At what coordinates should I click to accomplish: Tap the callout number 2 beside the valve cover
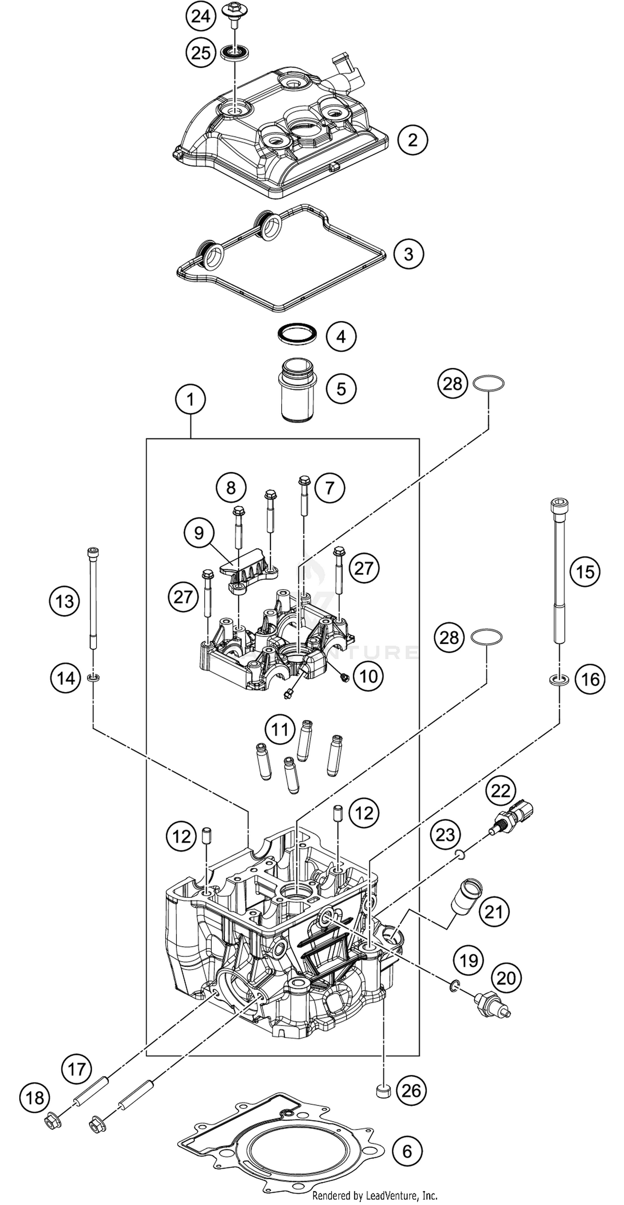coord(412,139)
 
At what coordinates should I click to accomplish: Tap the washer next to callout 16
coord(559,679)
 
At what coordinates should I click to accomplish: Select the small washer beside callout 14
coord(94,677)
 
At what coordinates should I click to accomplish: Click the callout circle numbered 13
coord(64,601)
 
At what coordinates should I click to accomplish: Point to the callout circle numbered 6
coord(407,1151)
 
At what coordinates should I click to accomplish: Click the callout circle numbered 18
coord(35,1097)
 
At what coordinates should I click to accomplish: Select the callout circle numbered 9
coord(199,532)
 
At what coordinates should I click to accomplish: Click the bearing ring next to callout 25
coord(234,52)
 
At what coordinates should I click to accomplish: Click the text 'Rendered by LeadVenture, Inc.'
coord(374,1196)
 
